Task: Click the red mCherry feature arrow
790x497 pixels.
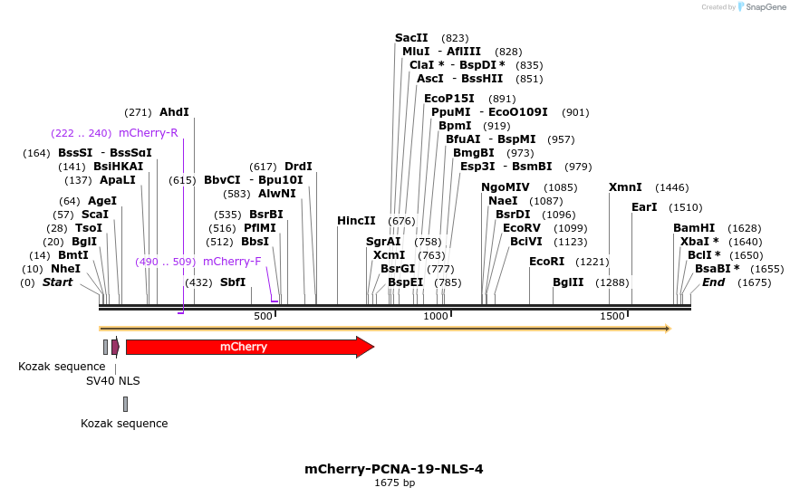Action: [x=245, y=347]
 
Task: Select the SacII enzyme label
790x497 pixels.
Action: [x=411, y=38]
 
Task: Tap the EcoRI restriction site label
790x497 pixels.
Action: [x=546, y=262]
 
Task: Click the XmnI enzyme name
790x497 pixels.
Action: [x=625, y=187]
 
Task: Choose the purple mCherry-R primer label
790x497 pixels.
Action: [x=149, y=133]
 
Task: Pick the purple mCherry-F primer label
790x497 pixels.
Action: [x=232, y=262]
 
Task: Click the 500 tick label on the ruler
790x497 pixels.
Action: [x=263, y=316]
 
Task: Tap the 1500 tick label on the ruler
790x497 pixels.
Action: [x=612, y=316]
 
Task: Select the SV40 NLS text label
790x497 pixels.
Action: [x=113, y=381]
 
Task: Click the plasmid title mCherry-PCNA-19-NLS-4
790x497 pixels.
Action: [x=394, y=469]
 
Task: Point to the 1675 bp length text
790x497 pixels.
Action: [x=394, y=483]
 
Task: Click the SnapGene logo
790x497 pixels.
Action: [x=762, y=7]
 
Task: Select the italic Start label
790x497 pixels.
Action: [x=57, y=282]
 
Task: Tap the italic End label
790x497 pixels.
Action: [x=714, y=282]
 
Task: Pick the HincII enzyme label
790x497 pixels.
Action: [x=356, y=220]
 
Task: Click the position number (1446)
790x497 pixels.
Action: [x=672, y=187]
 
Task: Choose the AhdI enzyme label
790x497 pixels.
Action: [x=174, y=112]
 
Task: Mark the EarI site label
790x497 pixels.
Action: [x=644, y=207]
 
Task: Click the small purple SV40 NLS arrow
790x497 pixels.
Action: [x=115, y=347]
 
